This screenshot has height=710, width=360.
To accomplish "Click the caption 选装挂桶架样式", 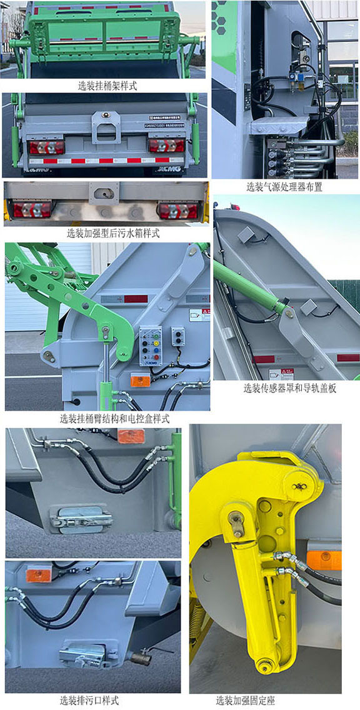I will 107,86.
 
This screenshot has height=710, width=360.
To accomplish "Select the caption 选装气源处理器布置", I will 284,187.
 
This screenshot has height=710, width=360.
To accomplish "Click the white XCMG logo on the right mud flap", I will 169,169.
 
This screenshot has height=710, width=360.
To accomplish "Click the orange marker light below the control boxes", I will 139,381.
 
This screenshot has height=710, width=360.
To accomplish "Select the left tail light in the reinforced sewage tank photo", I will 32,209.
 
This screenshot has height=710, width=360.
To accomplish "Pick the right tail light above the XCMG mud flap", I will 166,146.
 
